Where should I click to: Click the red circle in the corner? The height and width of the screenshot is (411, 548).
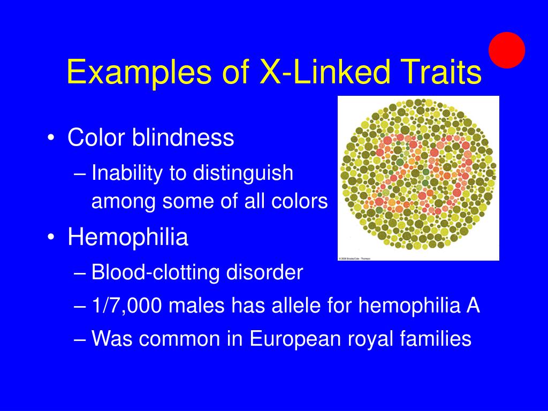[507, 50]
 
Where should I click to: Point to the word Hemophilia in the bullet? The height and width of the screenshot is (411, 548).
[128, 237]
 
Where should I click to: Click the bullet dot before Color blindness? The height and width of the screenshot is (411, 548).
[50, 139]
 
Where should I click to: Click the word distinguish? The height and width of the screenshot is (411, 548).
[243, 173]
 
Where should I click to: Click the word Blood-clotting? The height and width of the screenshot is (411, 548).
[155, 273]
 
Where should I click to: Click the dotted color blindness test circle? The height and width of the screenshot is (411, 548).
[418, 177]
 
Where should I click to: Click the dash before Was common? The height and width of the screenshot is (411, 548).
[81, 339]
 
